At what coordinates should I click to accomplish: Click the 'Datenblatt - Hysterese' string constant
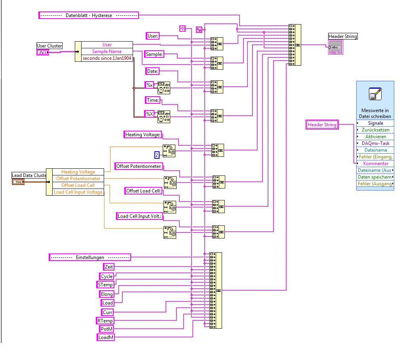point(89,15)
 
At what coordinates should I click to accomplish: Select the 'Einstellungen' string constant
point(90,257)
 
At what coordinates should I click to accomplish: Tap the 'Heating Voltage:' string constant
point(143,135)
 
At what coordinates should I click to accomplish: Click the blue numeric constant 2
point(157,155)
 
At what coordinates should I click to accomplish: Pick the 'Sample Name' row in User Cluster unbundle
point(107,51)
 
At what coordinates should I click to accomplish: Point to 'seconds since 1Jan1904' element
point(107,58)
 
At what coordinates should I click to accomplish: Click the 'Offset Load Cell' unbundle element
point(78,185)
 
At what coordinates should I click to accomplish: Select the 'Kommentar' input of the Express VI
point(375,164)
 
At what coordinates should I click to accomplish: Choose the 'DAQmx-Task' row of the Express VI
point(375,143)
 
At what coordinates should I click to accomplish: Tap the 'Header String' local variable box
point(322,125)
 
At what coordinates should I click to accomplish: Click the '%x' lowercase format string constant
point(149,85)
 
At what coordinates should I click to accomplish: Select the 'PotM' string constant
point(106,329)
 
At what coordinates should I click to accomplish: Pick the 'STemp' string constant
point(105,284)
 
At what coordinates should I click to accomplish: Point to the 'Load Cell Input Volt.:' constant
point(140,216)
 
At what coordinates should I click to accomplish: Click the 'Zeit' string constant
point(108,267)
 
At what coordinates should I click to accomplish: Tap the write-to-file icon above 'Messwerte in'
point(374,94)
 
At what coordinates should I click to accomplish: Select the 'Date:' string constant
point(152,71)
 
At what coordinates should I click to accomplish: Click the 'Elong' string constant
point(106,294)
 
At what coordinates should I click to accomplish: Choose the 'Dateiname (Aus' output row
point(374,170)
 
